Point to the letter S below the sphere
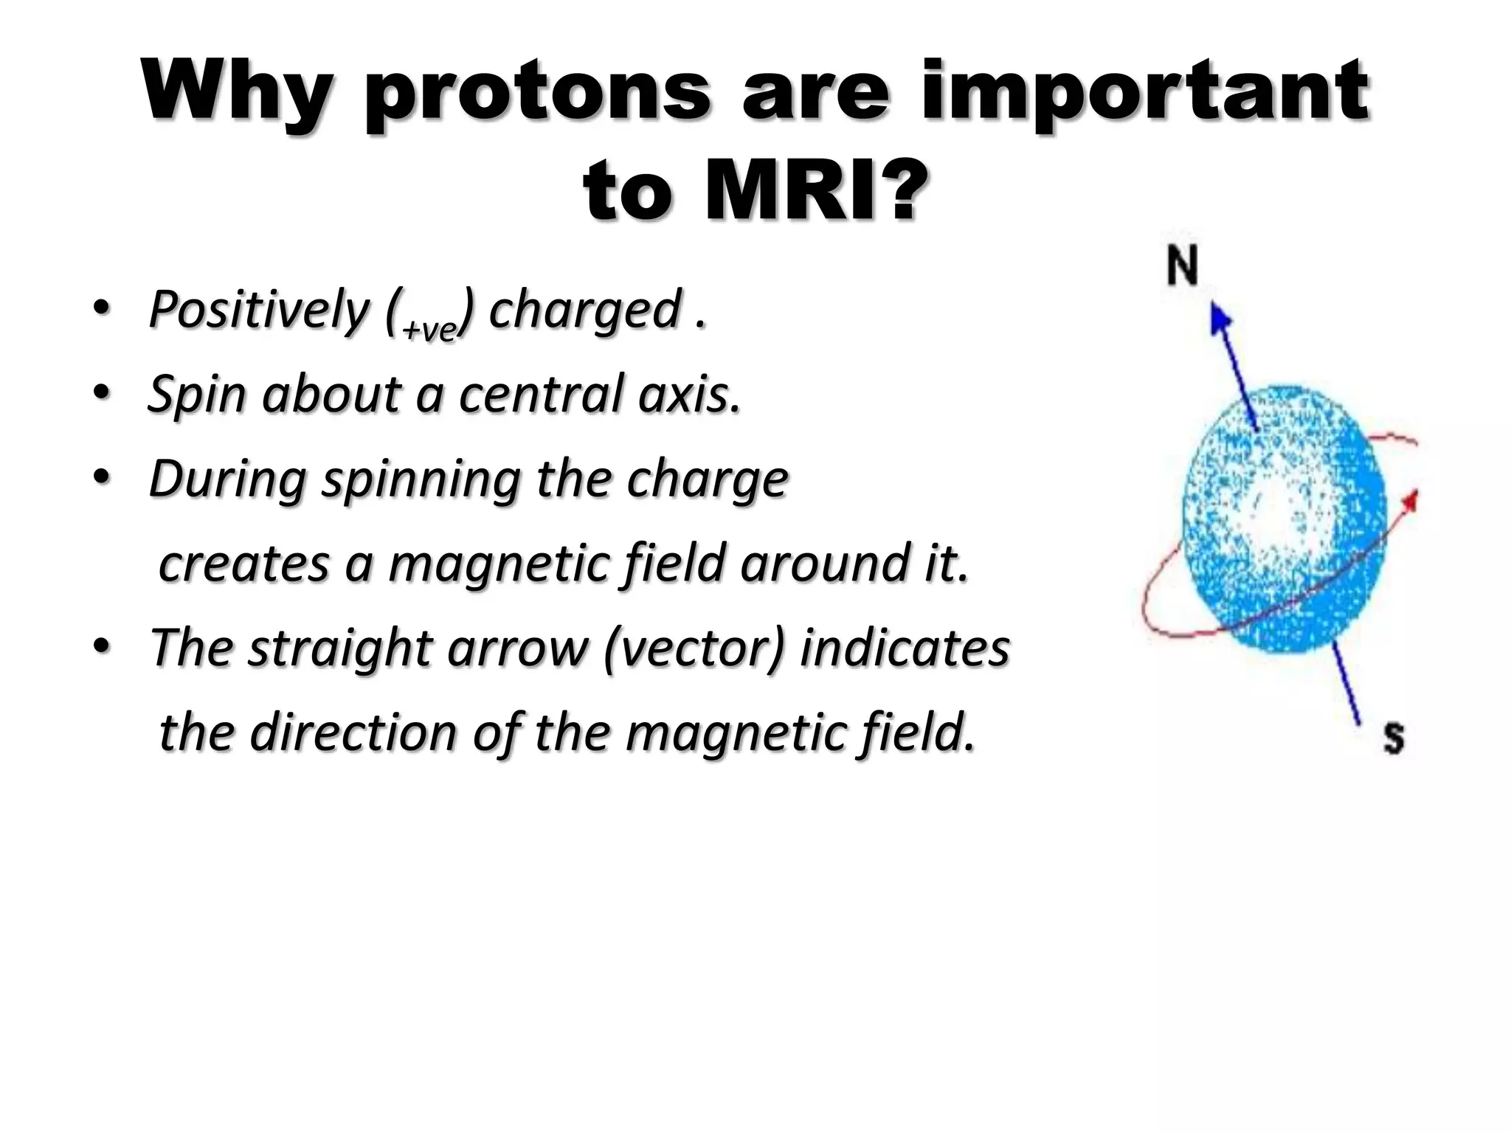[1393, 737]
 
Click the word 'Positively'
[257, 310]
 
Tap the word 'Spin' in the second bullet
[196, 395]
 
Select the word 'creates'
[243, 564]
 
